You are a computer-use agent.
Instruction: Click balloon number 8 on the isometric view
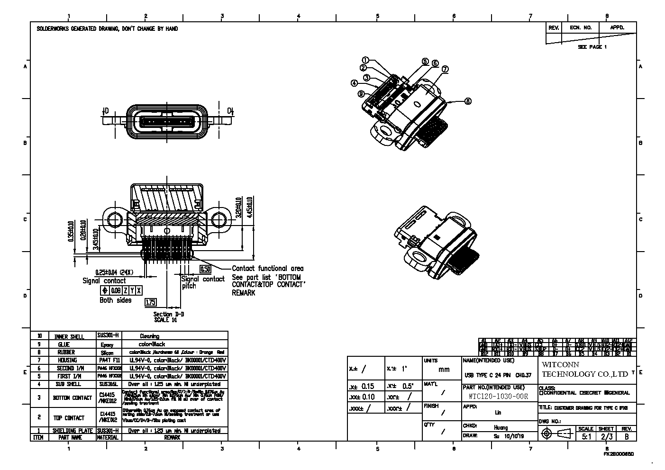coord(468,101)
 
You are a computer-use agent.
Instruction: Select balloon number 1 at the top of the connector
coord(365,60)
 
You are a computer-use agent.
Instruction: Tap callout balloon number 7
coord(445,69)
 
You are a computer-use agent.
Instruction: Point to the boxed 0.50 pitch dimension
coord(205,269)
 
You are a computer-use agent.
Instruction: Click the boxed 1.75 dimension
coord(151,302)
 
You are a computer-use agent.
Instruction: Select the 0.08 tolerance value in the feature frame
coord(116,290)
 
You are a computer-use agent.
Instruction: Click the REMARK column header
coord(172,437)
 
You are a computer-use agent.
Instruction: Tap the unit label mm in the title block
coord(444,370)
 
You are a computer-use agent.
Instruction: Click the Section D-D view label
coord(168,314)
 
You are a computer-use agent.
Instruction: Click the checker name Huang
coord(497,427)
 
